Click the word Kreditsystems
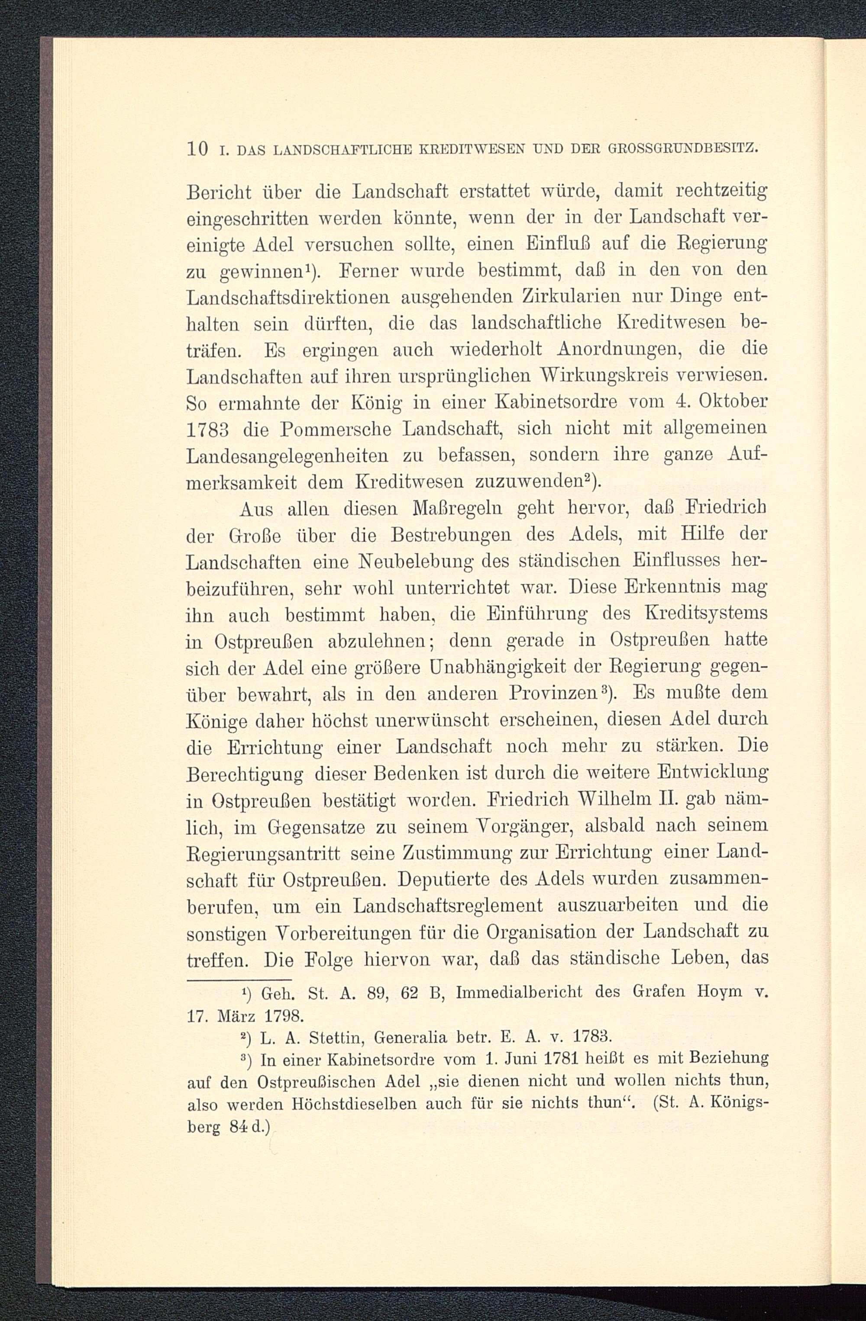(x=706, y=614)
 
